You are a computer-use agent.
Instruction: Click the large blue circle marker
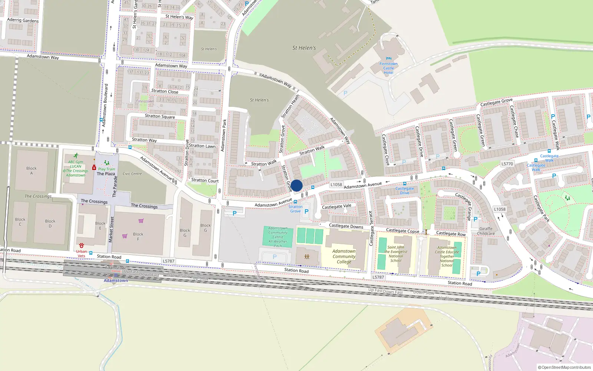[296, 185]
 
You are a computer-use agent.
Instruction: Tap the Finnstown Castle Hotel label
[388, 68]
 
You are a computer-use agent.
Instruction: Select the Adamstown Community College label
[344, 256]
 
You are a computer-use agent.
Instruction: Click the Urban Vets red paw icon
[82, 246]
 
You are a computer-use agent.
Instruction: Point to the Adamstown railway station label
[116, 280]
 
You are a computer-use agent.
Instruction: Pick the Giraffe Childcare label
[486, 231]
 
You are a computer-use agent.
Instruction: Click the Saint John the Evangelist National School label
[396, 254]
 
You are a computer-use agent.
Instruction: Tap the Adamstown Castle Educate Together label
[447, 256]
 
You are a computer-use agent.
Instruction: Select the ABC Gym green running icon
[76, 156]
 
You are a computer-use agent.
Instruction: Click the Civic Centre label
[132, 174]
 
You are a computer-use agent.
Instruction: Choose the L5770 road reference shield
[507, 164]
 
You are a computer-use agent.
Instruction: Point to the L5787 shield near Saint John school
[378, 277]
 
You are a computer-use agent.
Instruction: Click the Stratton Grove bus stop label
[295, 209]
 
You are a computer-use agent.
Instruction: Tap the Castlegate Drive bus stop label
[405, 191]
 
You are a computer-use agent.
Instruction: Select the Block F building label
[138, 236]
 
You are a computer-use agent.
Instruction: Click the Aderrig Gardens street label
[23, 20]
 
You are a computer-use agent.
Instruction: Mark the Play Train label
[107, 169]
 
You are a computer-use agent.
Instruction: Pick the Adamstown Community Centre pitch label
[278, 237]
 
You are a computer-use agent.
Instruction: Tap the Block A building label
[32, 171]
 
